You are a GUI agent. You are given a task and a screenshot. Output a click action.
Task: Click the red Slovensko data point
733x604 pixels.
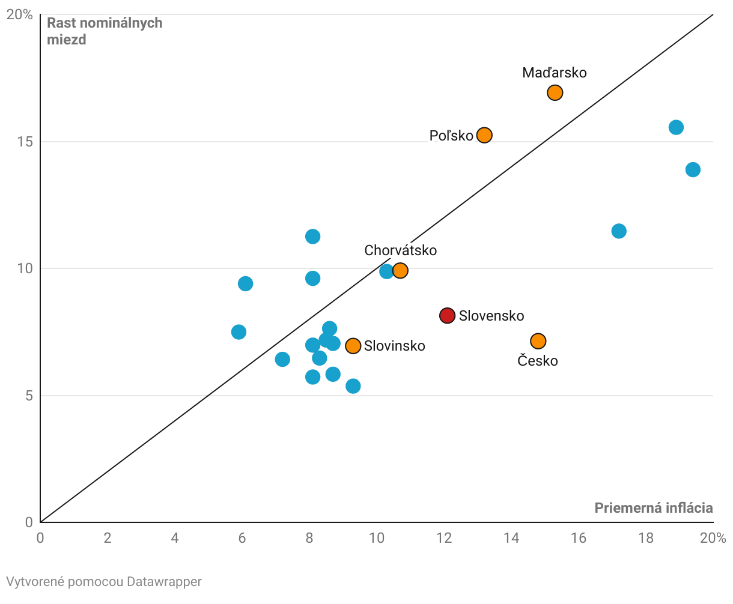coord(447,315)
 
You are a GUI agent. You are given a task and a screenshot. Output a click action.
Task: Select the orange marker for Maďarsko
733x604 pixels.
coord(555,92)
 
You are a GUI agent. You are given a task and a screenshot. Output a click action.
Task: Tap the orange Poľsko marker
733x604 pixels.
coord(484,135)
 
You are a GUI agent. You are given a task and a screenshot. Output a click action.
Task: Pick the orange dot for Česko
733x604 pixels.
coord(538,341)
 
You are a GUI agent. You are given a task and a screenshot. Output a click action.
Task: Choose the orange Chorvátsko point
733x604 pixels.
coord(400,271)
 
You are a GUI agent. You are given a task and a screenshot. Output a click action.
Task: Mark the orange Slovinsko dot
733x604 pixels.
coord(353,346)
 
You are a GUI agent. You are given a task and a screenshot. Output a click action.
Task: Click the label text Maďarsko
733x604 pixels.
coord(554,73)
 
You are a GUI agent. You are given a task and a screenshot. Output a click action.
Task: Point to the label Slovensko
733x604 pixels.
coord(491,316)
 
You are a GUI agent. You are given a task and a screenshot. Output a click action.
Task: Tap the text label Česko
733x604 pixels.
coord(537,361)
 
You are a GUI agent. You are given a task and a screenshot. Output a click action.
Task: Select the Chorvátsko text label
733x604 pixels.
coord(400,250)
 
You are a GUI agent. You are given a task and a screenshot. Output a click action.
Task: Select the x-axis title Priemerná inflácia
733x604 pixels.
coord(653,508)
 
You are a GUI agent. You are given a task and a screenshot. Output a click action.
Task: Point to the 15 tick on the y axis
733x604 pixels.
coord(25,142)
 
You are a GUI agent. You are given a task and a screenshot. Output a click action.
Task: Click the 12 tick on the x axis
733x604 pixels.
coord(444,537)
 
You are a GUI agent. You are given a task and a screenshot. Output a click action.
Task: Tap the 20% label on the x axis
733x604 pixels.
coord(713,537)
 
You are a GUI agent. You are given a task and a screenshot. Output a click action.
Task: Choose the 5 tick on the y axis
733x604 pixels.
coord(28,396)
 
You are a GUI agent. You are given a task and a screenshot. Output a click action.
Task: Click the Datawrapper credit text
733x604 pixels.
coord(104,581)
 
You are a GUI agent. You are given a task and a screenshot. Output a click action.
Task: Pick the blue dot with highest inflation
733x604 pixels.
coord(693,169)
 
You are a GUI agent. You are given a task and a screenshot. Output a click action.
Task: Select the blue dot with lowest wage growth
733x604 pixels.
coord(353,385)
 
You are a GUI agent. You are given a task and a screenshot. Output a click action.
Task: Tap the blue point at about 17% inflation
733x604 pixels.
coord(619,231)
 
